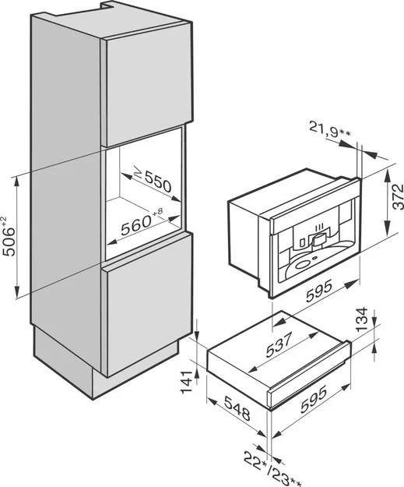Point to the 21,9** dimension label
pos(329,129)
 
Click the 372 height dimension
pos(398,197)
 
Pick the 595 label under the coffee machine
pos(319,291)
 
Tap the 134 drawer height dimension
pos(361,320)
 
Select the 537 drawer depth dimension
pos(279,344)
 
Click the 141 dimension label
pos(187,383)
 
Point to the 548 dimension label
pos(237,409)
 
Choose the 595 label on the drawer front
pos(314,399)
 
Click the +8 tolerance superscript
pos(157,212)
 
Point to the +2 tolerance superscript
pos(4,221)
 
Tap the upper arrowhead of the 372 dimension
pos(388,175)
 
